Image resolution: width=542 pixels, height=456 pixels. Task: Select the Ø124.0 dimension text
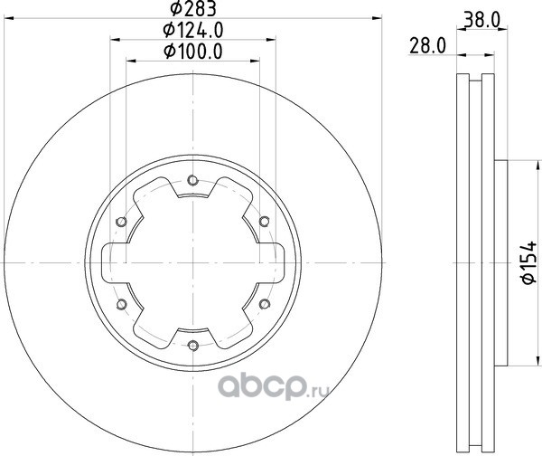point(193,30)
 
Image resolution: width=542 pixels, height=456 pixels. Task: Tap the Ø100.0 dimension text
point(193,52)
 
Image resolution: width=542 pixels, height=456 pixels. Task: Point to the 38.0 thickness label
point(481,21)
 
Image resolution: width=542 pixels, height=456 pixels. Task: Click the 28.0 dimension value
point(427,46)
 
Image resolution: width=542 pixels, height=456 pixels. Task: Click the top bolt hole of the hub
point(192,180)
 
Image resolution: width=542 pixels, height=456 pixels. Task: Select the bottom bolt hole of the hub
point(193,346)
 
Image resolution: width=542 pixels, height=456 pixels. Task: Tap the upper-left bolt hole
point(121,222)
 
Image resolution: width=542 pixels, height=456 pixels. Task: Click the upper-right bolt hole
point(264,222)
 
